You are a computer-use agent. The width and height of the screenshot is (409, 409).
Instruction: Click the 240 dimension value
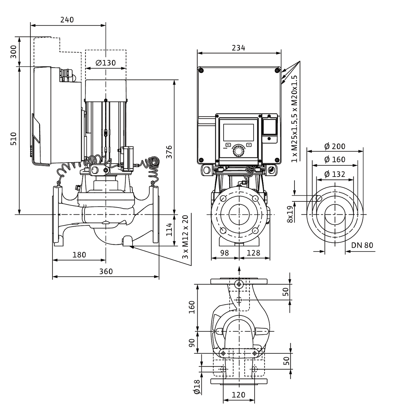coord(67,20)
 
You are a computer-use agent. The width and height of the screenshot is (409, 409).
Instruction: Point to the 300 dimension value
coord(14,51)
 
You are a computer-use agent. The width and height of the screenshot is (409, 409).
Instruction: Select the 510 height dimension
coord(14,139)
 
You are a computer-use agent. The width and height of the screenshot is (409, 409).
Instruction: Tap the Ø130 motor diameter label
coord(106,63)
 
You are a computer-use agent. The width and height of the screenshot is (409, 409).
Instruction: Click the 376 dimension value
coord(169,152)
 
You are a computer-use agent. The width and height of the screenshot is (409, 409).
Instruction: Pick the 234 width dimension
coord(238,48)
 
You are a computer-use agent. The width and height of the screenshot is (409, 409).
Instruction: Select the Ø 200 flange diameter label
coord(335,147)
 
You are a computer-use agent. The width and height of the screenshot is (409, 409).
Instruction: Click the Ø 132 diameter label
coord(335,174)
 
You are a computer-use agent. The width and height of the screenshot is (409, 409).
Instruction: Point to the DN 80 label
coord(362,245)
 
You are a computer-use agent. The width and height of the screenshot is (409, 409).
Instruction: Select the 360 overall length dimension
coord(106,271)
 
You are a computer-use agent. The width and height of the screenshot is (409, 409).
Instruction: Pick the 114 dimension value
coord(169,230)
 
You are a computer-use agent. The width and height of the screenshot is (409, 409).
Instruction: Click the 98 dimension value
coord(224,253)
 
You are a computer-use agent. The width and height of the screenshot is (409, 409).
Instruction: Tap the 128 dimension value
coord(254,253)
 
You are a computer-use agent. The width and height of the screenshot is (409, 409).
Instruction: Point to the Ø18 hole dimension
coord(197,387)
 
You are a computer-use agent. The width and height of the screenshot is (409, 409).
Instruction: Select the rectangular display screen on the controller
coord(238,132)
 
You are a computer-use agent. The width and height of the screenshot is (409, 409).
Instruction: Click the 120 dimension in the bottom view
coord(239,395)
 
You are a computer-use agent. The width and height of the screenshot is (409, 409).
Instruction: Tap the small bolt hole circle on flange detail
coord(319,198)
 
